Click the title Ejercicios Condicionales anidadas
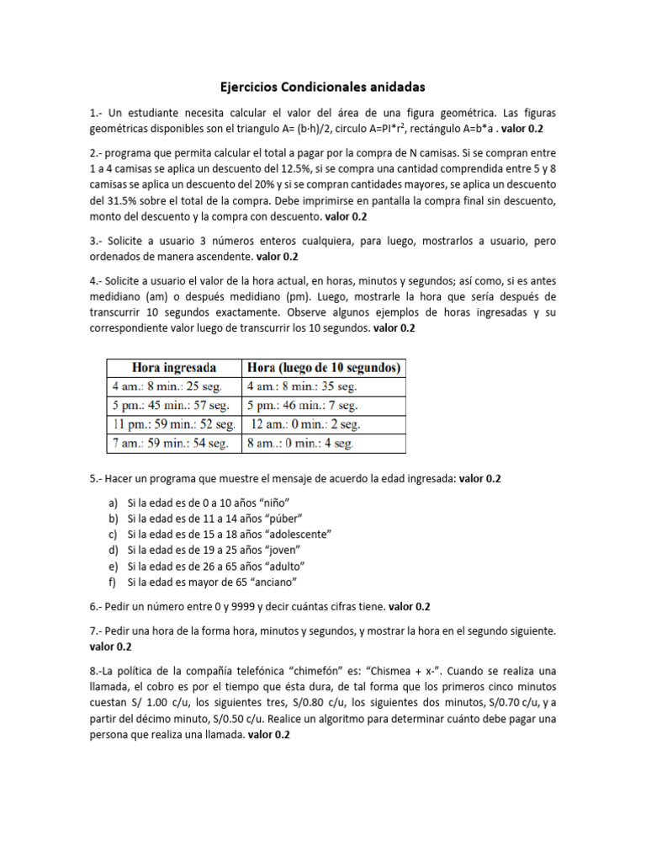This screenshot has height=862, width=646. click(x=323, y=87)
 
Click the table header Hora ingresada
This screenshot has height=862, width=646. click(x=173, y=367)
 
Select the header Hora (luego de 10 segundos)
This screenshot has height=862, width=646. click(x=324, y=367)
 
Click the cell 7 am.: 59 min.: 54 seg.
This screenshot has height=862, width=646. click(x=171, y=442)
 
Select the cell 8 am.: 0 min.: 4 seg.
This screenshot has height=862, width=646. click(x=300, y=442)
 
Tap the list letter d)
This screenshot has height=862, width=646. click(x=113, y=550)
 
